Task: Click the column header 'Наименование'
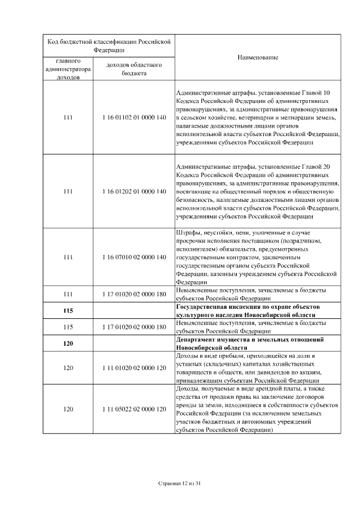pos(257,57)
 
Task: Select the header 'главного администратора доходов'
pos(68,69)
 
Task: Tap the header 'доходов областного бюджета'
pos(134,69)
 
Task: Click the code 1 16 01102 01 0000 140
pos(134,118)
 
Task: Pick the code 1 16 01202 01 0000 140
pos(134,191)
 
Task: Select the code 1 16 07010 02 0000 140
pos(134,257)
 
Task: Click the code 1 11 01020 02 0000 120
pos(134,368)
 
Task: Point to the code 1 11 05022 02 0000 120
pos(134,409)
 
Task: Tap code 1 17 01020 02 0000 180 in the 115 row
pos(134,327)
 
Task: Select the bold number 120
pos(68,344)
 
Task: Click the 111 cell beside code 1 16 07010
pos(68,257)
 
